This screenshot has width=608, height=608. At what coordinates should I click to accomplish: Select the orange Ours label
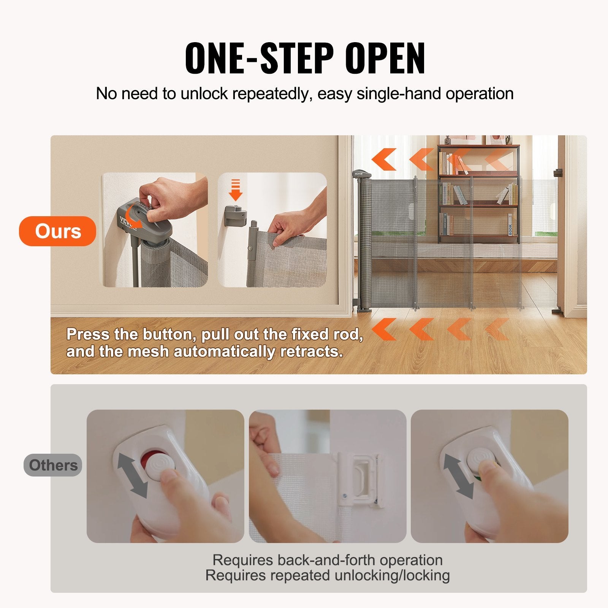pos(58,231)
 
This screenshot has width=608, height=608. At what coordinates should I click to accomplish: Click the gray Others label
pos(53,465)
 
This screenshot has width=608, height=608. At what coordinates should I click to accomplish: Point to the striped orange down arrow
pos(236,190)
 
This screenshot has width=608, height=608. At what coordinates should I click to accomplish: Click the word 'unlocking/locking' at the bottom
pos(392,575)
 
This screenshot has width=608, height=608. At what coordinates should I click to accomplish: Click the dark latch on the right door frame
pos(558,173)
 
